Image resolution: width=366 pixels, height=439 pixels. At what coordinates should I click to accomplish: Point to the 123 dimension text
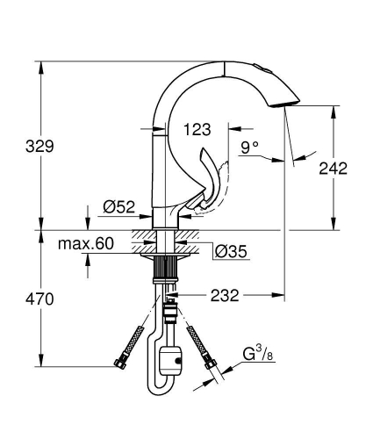tap(197, 130)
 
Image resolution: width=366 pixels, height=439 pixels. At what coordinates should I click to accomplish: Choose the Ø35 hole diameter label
tap(231, 252)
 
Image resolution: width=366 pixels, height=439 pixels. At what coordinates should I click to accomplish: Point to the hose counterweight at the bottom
tap(172, 358)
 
